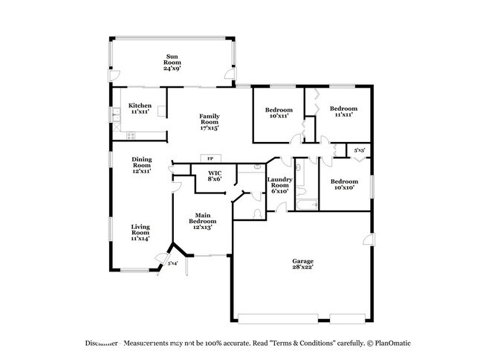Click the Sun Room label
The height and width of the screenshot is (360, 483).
click(x=172, y=62)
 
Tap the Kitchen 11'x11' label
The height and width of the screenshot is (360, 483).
click(x=140, y=109)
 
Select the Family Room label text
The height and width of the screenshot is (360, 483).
click(x=208, y=121)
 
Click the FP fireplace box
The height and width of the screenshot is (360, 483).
click(x=210, y=159)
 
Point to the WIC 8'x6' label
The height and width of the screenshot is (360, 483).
click(x=214, y=176)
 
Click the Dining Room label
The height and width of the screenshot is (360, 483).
click(x=142, y=164)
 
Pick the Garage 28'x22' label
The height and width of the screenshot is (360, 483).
click(x=302, y=264)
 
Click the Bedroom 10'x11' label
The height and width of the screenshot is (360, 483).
click(x=279, y=112)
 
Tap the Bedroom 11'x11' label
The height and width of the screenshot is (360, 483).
click(x=343, y=112)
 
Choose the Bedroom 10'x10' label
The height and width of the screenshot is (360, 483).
click(x=343, y=184)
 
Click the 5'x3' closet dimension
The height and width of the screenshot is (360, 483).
click(x=359, y=151)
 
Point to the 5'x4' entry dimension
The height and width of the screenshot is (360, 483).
click(x=172, y=263)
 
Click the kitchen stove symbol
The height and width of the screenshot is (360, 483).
click(x=132, y=135)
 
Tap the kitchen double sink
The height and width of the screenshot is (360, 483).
click(x=116, y=115)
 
